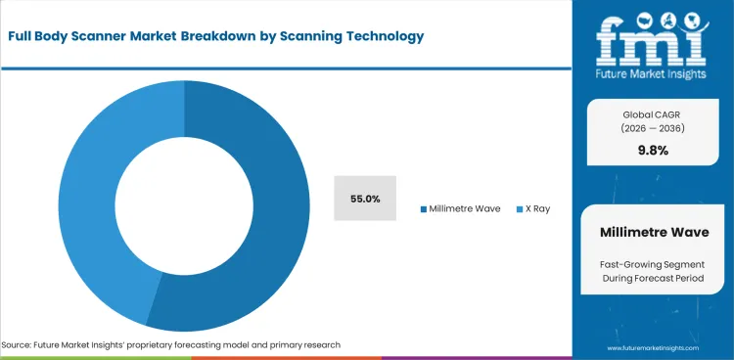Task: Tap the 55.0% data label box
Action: coord(365,199)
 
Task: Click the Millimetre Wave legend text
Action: coord(466,209)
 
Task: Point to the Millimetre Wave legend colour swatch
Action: coord(423,209)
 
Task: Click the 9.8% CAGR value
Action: coord(652,150)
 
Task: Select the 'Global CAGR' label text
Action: coord(652,112)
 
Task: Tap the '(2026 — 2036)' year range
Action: coord(652,128)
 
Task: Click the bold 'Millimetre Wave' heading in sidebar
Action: coord(653,232)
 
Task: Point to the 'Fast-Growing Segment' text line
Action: coord(653,265)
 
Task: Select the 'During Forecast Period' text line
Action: coord(653,281)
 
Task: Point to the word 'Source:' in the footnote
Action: coord(20,345)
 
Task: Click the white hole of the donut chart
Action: coord(183,205)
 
